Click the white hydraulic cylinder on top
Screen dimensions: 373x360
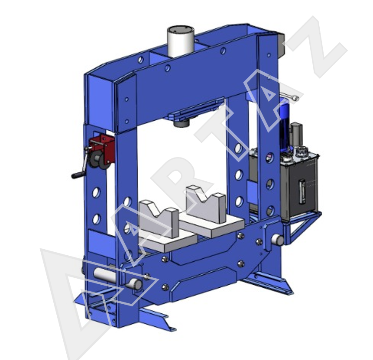pos(181,42)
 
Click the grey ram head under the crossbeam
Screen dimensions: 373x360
pos(181,124)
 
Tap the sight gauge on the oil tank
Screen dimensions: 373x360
pos(302,192)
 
